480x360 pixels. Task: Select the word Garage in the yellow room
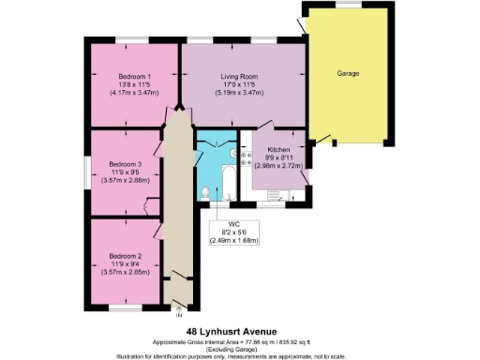349,73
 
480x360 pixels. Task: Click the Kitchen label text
279,150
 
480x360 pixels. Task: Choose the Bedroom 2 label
124,256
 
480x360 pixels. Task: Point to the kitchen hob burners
246,161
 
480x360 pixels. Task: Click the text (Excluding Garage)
239,349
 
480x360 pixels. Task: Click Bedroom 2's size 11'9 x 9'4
124,264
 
